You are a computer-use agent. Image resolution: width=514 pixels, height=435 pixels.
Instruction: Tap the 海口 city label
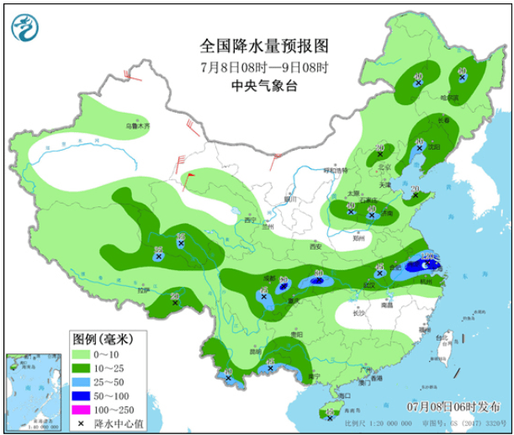339,394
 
